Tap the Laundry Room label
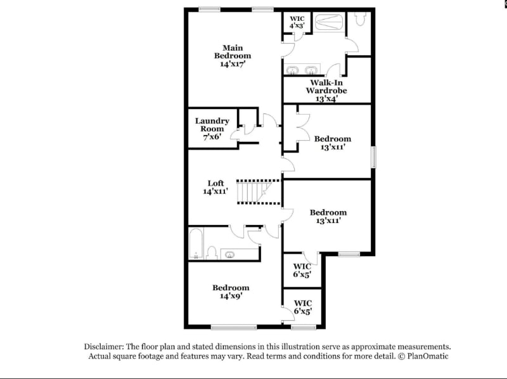pos(212,125)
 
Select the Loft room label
pos(215,183)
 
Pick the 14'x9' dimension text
pos(231,295)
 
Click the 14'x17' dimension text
pos(232,64)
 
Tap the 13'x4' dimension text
pos(326,98)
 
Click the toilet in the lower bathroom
pos(212,253)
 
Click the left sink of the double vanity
pos(293,70)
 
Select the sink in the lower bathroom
pos(229,254)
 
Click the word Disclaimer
pos(105,347)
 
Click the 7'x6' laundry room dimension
pos(212,136)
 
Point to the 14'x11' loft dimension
pos(215,191)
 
